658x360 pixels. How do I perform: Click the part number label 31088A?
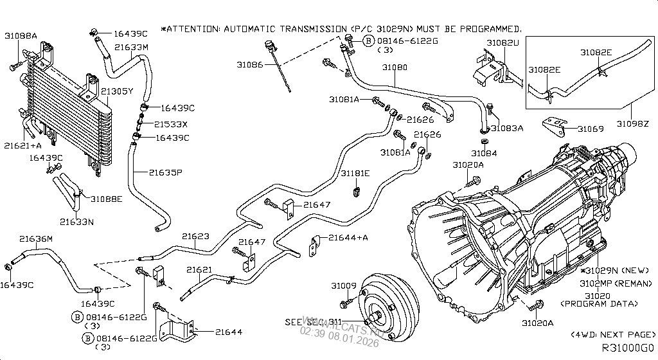tap(21, 36)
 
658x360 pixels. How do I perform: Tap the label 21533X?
tap(171, 124)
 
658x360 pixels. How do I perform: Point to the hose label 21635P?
tap(166, 172)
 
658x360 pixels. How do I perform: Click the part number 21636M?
tap(35, 239)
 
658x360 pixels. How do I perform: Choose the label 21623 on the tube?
tap(195, 237)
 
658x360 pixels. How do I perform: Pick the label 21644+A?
tap(348, 237)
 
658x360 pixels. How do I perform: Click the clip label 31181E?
tap(355, 174)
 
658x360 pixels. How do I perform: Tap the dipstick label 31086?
tap(249, 65)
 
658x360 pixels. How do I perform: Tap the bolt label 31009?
tap(344, 285)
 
